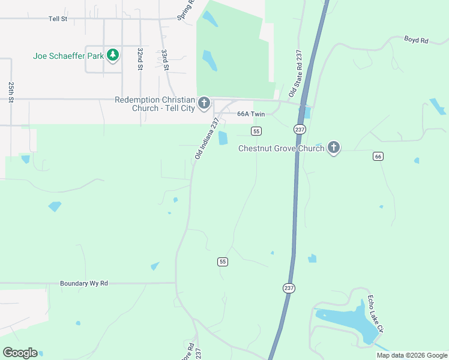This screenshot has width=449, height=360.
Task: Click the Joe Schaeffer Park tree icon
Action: [113, 56]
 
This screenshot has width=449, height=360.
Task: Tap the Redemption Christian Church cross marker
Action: [204, 104]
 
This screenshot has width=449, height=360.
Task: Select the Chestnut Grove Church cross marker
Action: [334, 148]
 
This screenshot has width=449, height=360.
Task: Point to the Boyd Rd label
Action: [416, 40]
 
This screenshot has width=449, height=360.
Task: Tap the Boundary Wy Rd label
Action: [84, 283]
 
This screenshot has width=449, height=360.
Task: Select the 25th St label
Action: [11, 92]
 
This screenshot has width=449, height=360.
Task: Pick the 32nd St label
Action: [139, 59]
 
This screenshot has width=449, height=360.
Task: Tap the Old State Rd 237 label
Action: [295, 73]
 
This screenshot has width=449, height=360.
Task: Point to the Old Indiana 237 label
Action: [206, 139]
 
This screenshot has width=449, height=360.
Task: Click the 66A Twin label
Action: [251, 114]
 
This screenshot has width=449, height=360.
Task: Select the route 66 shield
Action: [378, 156]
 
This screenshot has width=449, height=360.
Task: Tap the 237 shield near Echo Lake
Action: [289, 288]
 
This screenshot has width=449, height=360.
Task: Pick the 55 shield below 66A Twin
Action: [256, 131]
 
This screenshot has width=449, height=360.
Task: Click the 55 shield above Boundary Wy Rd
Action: [223, 262]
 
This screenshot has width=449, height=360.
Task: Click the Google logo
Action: [20, 353]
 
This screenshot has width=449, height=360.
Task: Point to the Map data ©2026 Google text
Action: [412, 355]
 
